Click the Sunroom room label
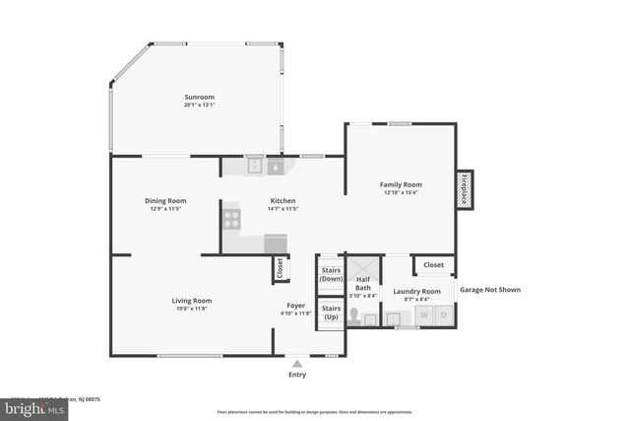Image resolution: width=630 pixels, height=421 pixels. (198, 97)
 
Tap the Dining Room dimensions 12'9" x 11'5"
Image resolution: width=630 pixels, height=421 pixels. (166, 209)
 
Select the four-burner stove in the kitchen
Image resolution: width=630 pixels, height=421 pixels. (231, 219)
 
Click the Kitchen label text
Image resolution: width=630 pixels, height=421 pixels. (283, 200)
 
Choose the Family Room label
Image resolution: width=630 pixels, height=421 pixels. (401, 184)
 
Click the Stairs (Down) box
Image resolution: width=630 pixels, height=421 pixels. (331, 273)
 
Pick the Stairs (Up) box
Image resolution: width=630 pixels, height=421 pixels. (331, 311)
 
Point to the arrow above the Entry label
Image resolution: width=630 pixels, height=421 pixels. (296, 362)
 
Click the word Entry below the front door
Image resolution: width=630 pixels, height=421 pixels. (296, 375)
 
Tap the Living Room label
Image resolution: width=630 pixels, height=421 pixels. (192, 301)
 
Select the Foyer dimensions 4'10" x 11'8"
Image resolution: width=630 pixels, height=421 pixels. (296, 314)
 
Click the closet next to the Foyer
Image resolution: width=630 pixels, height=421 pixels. (280, 267)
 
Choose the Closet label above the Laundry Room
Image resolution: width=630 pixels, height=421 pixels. (433, 265)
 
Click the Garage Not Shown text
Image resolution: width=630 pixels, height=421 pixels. (489, 290)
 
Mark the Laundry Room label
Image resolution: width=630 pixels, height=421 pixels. (416, 291)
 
